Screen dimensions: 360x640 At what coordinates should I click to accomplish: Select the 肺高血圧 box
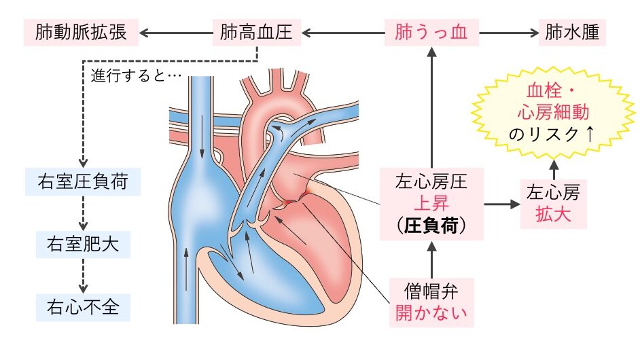coord(257,33)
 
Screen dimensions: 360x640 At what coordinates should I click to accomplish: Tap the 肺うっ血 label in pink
coord(431,33)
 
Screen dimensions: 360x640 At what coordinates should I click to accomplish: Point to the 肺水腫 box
coord(573,33)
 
